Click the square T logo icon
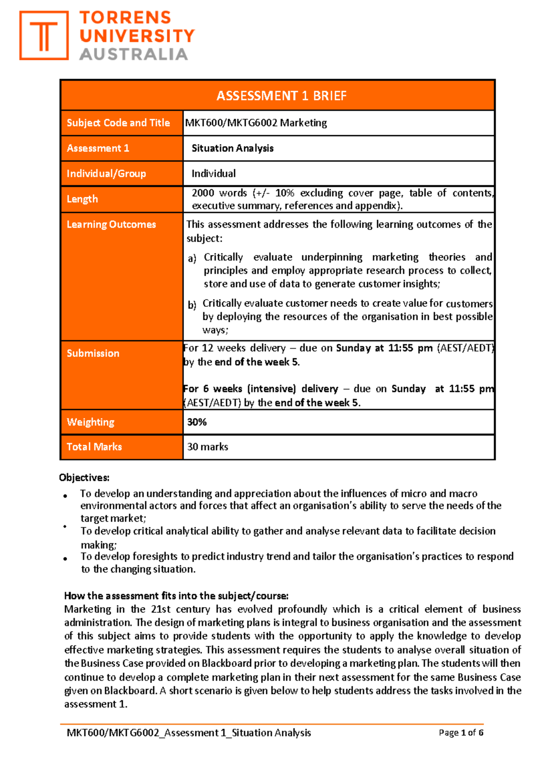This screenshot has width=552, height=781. click(44, 36)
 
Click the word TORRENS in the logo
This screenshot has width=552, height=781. click(125, 18)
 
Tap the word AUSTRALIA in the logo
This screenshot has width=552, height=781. click(133, 54)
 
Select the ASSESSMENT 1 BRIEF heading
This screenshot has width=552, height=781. click(281, 96)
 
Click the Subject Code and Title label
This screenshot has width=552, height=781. click(118, 123)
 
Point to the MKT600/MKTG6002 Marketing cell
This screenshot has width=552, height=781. click(256, 123)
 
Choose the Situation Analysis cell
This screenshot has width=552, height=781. click(232, 148)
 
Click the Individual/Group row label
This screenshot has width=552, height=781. click(106, 173)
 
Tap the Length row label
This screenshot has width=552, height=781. click(82, 199)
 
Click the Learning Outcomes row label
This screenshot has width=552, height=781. click(111, 224)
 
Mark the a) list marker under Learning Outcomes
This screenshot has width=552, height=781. click(192, 258)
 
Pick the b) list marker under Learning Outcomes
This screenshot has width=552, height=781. click(192, 305)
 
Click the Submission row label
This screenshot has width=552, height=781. click(93, 353)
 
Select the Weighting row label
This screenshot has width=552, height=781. click(91, 422)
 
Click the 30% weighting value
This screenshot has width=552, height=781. click(197, 422)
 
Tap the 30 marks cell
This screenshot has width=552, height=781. click(207, 447)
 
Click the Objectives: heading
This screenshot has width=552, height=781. click(84, 477)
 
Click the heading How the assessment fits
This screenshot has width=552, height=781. click(176, 596)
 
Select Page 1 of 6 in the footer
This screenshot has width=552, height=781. click(461, 733)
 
